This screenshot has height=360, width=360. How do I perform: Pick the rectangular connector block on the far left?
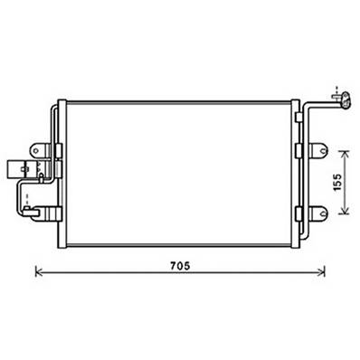(14, 169)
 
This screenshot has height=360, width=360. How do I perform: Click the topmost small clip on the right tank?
(299, 113)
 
